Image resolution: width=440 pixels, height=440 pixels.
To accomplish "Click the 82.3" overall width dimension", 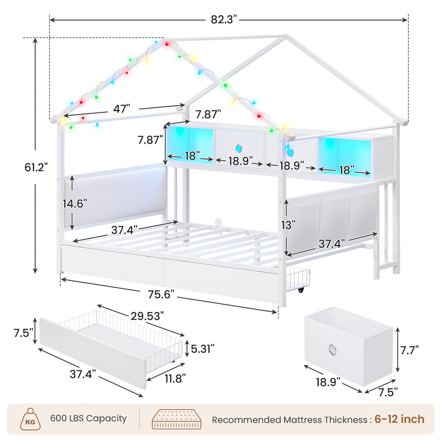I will click(x=224, y=19).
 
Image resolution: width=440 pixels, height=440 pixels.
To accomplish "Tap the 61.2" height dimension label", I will click(x=36, y=167).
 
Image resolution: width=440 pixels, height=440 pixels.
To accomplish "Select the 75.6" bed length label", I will click(x=161, y=294).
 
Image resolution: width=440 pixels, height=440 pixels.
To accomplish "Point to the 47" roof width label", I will click(x=121, y=108).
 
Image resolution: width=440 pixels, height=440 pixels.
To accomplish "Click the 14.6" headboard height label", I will click(x=75, y=203).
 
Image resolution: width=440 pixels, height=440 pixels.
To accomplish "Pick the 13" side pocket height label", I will click(x=288, y=225).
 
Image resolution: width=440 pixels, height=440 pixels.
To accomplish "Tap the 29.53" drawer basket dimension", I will click(x=147, y=316).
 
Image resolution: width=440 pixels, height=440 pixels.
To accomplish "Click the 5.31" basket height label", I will click(x=202, y=349).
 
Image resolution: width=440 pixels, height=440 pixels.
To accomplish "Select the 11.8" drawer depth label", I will click(x=175, y=378).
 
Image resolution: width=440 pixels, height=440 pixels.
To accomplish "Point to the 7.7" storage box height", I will click(x=409, y=350).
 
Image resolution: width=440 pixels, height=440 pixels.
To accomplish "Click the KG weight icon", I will click(x=30, y=420).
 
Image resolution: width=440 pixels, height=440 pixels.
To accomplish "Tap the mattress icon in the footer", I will click(x=176, y=419).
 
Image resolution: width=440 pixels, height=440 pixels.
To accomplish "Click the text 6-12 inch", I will click(x=399, y=419).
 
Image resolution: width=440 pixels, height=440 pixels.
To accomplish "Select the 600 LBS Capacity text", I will click(x=88, y=418).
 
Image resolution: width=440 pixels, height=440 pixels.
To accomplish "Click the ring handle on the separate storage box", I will click(x=332, y=350).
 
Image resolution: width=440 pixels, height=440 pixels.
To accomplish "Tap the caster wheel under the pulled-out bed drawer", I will click(x=301, y=290).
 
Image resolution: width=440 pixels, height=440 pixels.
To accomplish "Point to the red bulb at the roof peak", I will click(x=167, y=44).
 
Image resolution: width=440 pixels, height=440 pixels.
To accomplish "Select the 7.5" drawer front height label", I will click(x=23, y=333).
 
